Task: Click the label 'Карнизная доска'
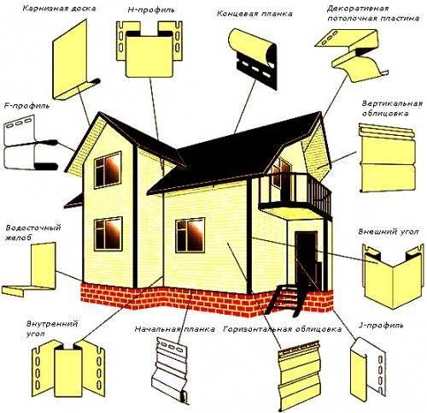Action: (x=59, y=9)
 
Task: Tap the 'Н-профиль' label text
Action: (x=150, y=10)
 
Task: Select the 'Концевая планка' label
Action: (x=254, y=14)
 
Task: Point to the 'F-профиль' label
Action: (x=26, y=106)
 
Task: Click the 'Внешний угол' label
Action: (x=389, y=231)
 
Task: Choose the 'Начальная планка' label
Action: (x=175, y=329)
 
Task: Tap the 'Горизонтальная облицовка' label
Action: (x=283, y=329)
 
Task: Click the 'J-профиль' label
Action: (x=381, y=325)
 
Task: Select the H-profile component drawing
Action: (x=149, y=49)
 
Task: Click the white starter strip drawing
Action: (x=172, y=369)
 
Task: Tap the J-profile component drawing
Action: (x=367, y=369)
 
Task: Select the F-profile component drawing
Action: (x=31, y=142)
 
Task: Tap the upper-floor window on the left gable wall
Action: (x=108, y=169)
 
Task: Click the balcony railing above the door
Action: (x=295, y=192)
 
